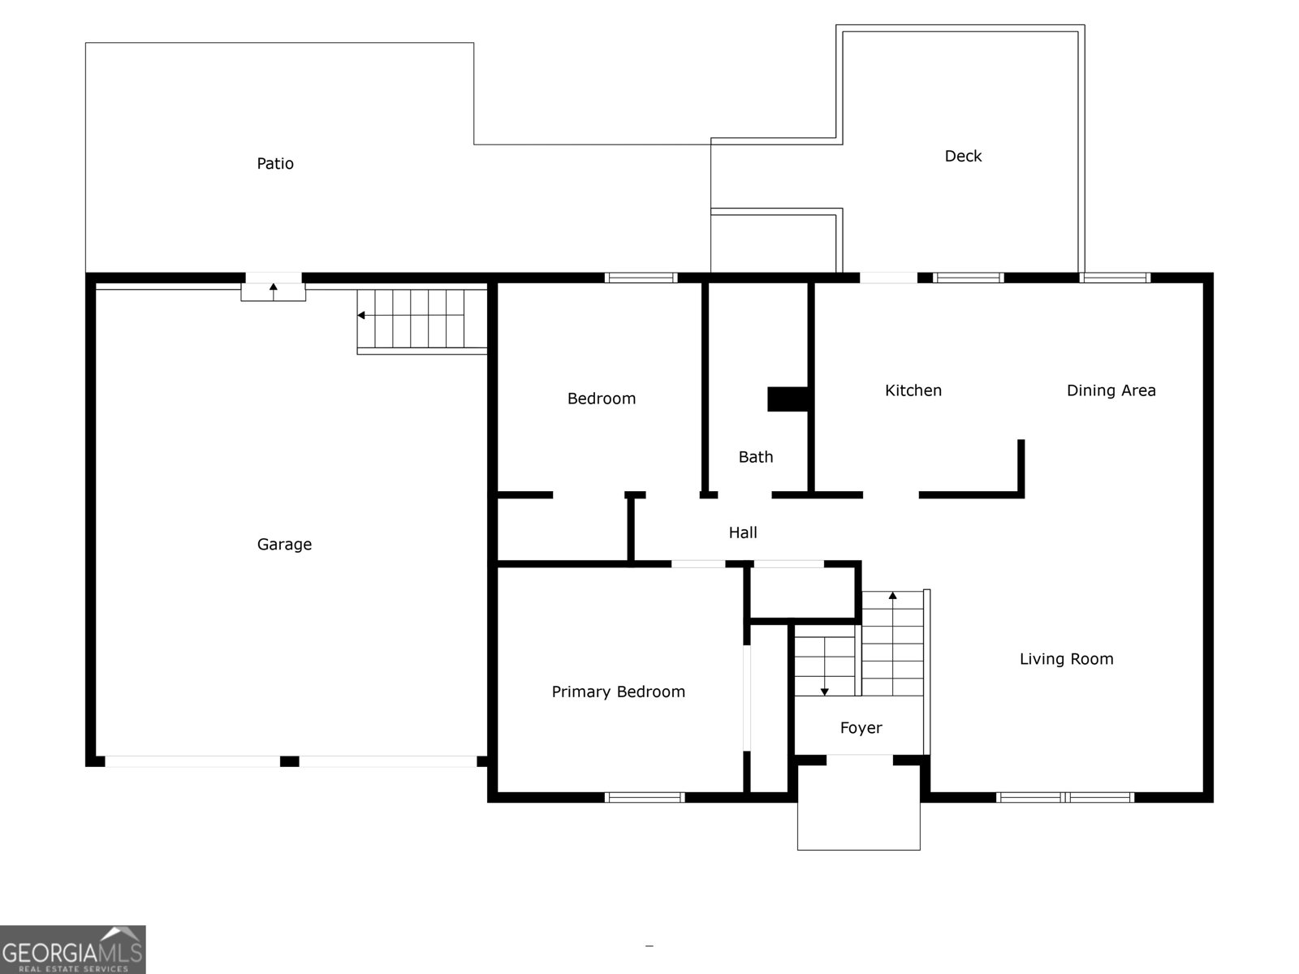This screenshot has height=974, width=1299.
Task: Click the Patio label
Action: tap(275, 163)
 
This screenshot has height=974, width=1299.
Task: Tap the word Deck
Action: tap(963, 156)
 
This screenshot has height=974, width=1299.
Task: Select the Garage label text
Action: tap(284, 544)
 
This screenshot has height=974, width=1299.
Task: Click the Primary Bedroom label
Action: tap(618, 692)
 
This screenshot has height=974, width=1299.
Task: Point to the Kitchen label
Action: tap(913, 390)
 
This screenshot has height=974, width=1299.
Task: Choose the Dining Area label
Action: tap(1111, 390)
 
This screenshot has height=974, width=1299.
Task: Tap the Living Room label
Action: tap(1066, 659)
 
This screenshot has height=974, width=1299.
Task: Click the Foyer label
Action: tap(861, 728)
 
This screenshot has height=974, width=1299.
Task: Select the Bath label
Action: tap(755, 457)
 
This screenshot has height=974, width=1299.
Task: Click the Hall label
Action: tap(742, 532)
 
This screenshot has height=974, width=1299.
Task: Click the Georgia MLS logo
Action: tap(72, 949)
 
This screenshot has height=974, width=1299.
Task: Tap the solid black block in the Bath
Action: tap(788, 399)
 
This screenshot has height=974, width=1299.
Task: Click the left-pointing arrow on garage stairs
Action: tap(361, 315)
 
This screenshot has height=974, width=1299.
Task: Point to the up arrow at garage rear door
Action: tap(274, 287)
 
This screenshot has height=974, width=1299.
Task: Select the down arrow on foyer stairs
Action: tap(825, 692)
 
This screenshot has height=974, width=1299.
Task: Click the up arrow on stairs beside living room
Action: tap(892, 596)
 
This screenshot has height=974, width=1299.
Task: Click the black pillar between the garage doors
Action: tap(289, 761)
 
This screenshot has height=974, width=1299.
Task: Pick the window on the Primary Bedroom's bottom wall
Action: tap(645, 797)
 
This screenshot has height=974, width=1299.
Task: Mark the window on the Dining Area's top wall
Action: tap(1115, 278)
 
